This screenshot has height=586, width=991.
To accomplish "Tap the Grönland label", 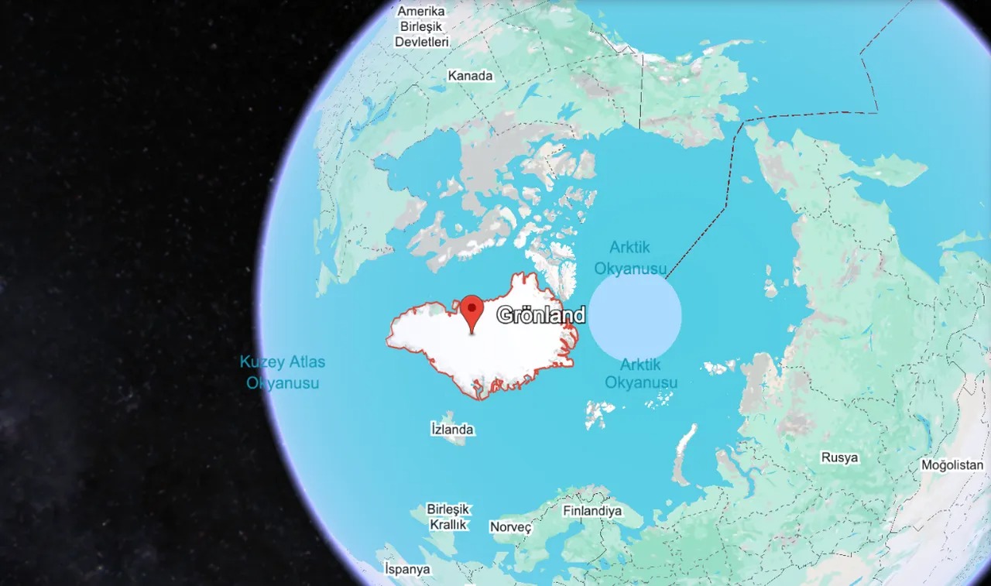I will point(541,315).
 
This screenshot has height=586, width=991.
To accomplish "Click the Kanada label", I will point(470,76).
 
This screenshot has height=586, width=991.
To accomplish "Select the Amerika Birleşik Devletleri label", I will point(422,27).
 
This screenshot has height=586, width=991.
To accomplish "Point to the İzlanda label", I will point(451,429).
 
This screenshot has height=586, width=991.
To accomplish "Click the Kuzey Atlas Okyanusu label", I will point(283,372).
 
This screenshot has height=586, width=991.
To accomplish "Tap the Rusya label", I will point(840,457).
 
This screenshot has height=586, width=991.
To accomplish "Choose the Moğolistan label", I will point(952,465).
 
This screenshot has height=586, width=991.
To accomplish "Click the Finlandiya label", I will point(592,511).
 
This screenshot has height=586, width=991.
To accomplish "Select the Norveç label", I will point(511,527).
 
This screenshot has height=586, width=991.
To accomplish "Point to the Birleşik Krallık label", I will point(448,516).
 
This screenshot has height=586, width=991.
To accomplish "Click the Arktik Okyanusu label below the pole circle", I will point(641,373).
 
